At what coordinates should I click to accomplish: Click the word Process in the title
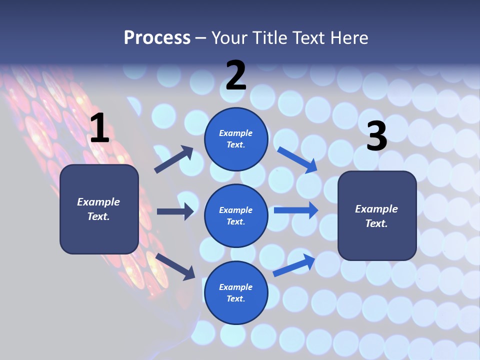point(157,37)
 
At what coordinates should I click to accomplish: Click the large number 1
point(99,128)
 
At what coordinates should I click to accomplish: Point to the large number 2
point(236,75)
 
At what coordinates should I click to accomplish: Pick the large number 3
point(376,136)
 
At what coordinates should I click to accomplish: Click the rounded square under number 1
point(99,209)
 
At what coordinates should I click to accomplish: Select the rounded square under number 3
point(377,215)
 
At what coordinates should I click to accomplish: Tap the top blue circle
point(236,139)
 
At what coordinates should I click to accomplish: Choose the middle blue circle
point(236,215)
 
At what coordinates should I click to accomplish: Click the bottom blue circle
point(236,292)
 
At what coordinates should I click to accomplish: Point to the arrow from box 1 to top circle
point(174,159)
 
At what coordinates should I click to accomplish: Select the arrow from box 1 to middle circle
point(175,211)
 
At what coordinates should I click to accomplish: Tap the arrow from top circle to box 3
point(297,159)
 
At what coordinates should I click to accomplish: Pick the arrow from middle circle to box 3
point(295,210)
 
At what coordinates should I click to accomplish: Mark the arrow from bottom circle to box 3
point(294,265)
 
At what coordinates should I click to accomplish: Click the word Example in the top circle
point(236,133)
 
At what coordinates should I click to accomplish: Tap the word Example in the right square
point(376,209)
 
